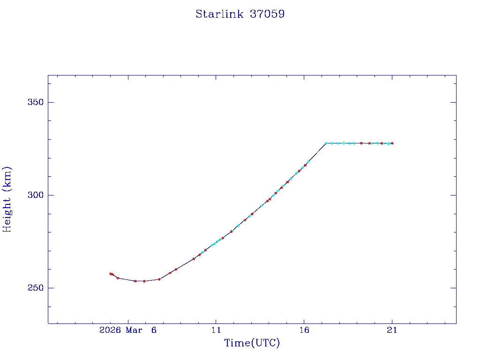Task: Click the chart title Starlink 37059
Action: tap(240, 14)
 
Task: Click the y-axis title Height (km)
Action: tap(7, 199)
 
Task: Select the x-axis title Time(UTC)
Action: tap(252, 343)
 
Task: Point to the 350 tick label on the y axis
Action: tap(34, 102)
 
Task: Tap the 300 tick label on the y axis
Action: tap(34, 195)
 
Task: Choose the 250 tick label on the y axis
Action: tap(34, 288)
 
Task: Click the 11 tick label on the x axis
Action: tap(216, 330)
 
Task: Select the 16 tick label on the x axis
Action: tap(304, 330)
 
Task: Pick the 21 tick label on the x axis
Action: tap(392, 330)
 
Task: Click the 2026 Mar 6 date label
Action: tap(128, 330)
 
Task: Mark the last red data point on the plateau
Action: tap(392, 143)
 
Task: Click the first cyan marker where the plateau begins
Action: tap(326, 143)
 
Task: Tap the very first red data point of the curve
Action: tap(111, 274)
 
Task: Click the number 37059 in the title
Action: tap(267, 14)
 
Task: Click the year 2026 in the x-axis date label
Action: tap(111, 330)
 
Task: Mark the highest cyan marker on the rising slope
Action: tap(308, 161)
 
